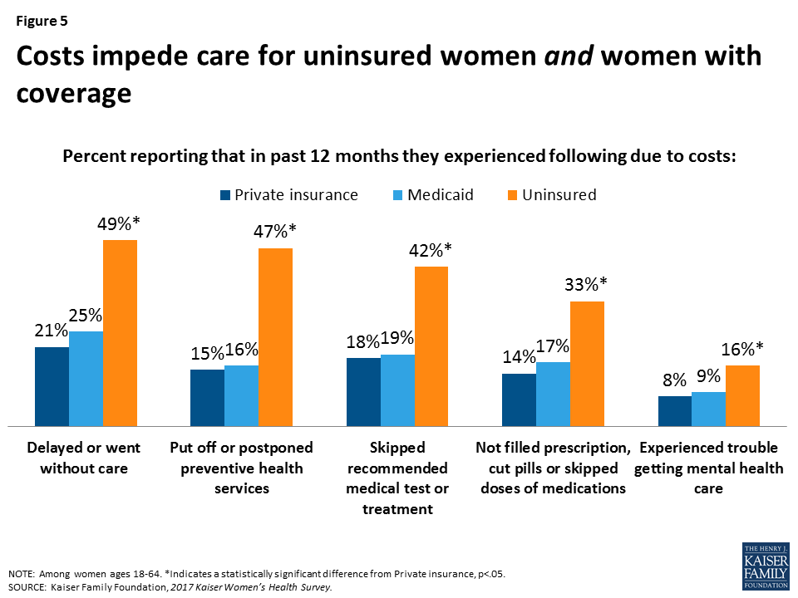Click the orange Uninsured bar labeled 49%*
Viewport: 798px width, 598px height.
[120, 332]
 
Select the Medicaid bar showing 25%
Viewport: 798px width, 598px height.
[86, 378]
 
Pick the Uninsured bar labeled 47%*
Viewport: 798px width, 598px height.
[275, 336]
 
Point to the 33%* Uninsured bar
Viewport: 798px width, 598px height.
[587, 363]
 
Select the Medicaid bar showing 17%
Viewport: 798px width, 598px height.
[553, 394]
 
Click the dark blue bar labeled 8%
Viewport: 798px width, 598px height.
[675, 410]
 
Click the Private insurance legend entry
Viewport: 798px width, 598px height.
[288, 195]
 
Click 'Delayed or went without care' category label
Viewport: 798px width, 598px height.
[84, 458]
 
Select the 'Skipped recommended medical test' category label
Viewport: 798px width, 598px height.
[397, 478]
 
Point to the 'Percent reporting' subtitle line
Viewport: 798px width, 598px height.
[400, 157]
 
